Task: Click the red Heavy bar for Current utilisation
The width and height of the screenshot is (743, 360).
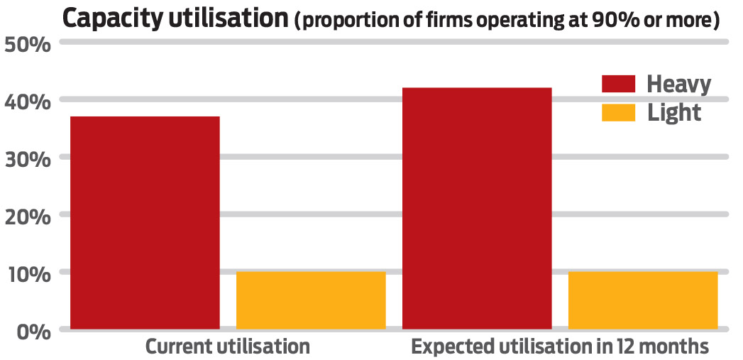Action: click(145, 222)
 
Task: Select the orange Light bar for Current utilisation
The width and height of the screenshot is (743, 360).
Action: click(311, 300)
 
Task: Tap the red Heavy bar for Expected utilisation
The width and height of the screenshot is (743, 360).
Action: click(477, 208)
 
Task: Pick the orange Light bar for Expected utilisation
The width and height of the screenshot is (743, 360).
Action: click(643, 300)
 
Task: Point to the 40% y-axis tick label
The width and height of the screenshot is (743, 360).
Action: click(28, 102)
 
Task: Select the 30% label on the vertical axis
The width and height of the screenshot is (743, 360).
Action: click(28, 158)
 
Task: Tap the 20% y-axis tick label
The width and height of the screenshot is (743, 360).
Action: click(28, 216)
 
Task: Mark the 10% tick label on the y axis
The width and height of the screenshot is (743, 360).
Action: click(28, 273)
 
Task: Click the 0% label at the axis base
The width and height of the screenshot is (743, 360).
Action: click(33, 331)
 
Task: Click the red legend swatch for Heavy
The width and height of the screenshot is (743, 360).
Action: click(618, 84)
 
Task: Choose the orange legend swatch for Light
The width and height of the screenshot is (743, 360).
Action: click(618, 112)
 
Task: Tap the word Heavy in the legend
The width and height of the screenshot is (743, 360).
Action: click(678, 84)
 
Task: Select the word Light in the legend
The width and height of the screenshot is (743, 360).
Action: click(674, 112)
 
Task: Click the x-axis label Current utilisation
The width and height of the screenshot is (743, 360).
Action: click(228, 347)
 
